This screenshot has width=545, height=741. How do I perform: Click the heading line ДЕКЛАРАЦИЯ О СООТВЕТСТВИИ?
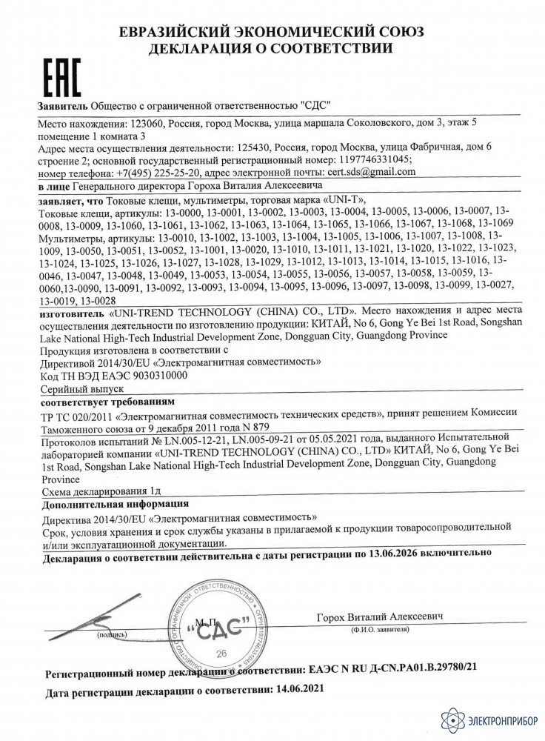(x=272, y=48)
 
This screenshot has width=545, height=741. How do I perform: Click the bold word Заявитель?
(x=61, y=105)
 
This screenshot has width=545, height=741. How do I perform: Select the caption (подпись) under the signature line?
(x=112, y=635)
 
